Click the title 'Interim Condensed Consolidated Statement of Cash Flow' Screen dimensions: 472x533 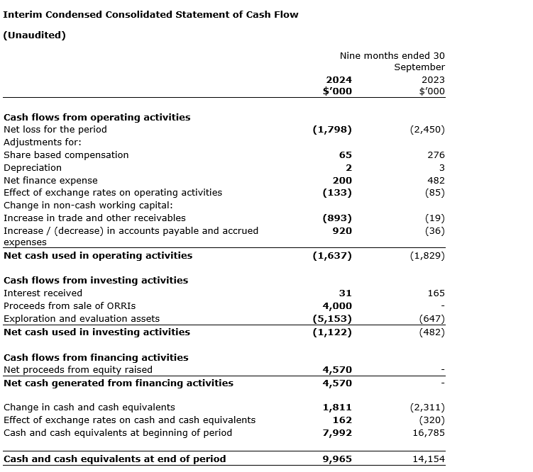tap(151, 14)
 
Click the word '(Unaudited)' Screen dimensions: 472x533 tap(35, 35)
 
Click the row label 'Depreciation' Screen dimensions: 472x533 tap(33, 167)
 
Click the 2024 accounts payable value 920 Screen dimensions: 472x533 tap(341, 230)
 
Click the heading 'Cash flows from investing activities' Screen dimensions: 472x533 tap(96, 280)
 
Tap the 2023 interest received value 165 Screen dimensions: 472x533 tap(436, 293)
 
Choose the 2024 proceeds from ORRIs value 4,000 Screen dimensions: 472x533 tap(337, 305)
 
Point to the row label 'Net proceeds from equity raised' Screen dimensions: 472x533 tap(78, 369)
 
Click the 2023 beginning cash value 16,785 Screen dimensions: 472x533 tap(429, 432)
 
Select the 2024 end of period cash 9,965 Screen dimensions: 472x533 tap(337, 459)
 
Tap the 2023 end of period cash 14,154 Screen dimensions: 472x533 tap(429, 459)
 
